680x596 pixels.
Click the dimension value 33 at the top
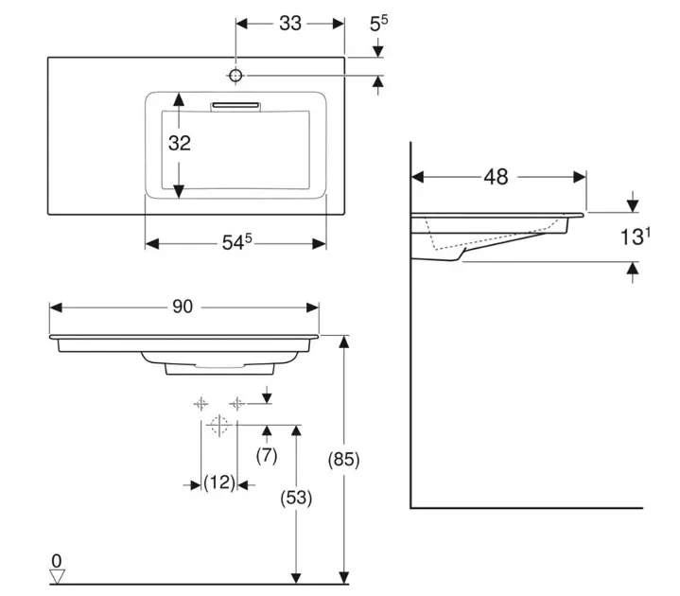coord(290,23)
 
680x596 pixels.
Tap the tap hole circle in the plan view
coord(236,74)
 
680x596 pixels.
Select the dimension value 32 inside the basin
coord(180,144)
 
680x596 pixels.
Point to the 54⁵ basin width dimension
coord(236,243)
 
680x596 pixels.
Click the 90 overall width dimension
coord(183,307)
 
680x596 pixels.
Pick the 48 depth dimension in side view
coord(496,176)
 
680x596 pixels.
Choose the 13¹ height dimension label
coord(636,237)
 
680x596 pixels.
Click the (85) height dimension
coord(343,461)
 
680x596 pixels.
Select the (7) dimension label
coord(267,455)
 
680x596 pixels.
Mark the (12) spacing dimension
coord(219,483)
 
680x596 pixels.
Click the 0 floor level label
coord(56,561)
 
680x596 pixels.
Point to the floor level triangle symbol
coord(57,575)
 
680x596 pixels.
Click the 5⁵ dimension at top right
coord(379,23)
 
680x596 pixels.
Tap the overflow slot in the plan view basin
coord(236,104)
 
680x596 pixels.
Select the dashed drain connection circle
coord(219,425)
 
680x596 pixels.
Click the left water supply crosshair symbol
coord(201,403)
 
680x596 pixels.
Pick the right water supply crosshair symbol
coord(236,403)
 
